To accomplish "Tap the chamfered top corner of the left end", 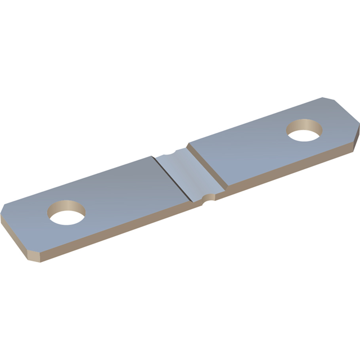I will (4, 208).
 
